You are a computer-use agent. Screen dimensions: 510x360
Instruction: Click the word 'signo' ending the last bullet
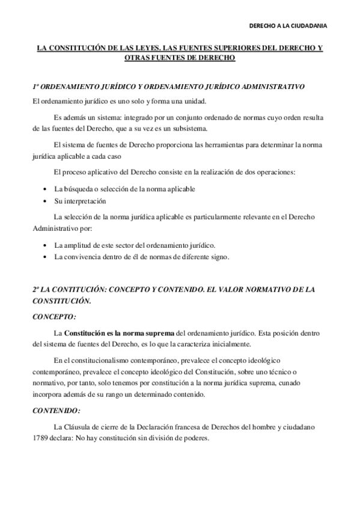218,257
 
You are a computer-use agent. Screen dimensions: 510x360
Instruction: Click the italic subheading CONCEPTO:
54,316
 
